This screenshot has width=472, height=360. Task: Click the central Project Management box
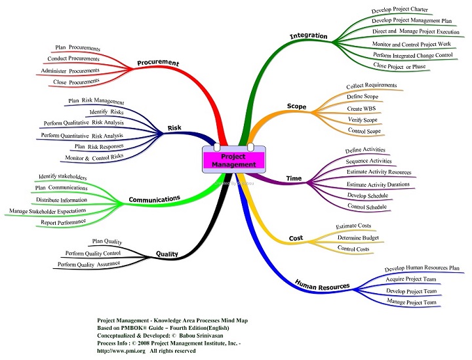pyautogui.click(x=233, y=161)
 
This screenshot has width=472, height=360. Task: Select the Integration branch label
pyautogui.click(x=310, y=35)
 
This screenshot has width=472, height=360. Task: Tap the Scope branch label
pyautogui.click(x=296, y=106)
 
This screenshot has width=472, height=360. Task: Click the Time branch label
pyautogui.click(x=294, y=178)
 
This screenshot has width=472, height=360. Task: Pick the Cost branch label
pyautogui.click(x=296, y=237)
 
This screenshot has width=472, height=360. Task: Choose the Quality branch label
pyautogui.click(x=167, y=254)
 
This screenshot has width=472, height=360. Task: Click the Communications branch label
pyautogui.click(x=154, y=199)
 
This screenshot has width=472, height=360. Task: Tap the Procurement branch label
pyautogui.click(x=157, y=63)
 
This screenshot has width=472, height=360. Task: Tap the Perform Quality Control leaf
pyautogui.click(x=93, y=252)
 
